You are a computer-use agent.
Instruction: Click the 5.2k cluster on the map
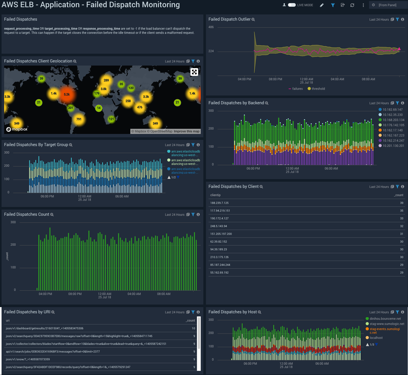pos(67,94)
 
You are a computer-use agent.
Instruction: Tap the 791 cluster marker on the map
pos(79,119)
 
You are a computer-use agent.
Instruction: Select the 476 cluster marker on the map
pos(140,107)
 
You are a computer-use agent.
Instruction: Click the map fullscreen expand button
pos(194,72)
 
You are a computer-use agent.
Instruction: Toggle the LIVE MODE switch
pos(292,5)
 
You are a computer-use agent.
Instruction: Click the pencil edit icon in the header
pos(322,5)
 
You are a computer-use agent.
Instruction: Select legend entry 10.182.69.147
pos(392,110)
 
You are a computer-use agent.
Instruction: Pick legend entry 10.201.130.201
pos(393,146)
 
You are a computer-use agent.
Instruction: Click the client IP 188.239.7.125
pos(219,203)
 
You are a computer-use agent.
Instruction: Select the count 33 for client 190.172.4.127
pos(402,218)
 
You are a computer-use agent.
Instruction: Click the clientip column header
pos(215,195)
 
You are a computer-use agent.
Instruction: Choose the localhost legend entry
pos(376,338)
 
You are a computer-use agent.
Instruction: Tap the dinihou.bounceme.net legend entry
pos(385,319)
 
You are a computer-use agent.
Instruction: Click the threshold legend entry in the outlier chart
pos(318,89)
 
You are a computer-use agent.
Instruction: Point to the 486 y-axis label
pos(211,27)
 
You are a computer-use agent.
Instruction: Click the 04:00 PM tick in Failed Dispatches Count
pos(45,294)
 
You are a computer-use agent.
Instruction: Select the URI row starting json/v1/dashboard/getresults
pos(45,328)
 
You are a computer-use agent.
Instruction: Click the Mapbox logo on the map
pos(17,129)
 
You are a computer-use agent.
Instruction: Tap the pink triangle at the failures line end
pos(399,49)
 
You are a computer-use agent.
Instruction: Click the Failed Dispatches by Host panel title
pos(233,312)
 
